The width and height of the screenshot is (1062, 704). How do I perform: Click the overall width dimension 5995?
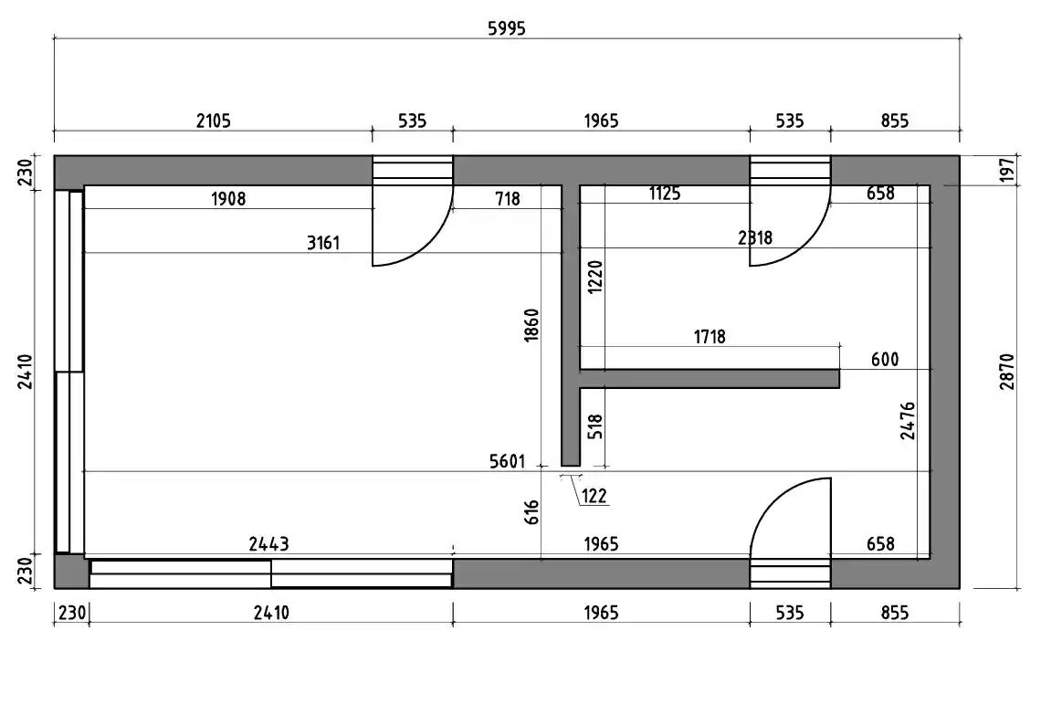click(x=507, y=28)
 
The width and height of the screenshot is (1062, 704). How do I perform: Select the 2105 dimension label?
click(x=214, y=121)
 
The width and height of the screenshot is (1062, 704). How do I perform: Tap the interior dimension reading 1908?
click(x=228, y=198)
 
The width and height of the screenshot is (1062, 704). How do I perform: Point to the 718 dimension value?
click(x=508, y=198)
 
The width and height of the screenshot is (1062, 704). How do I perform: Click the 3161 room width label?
click(x=323, y=243)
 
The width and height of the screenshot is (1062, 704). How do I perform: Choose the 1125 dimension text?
click(x=665, y=193)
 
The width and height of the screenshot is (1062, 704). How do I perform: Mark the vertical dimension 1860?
click(x=531, y=324)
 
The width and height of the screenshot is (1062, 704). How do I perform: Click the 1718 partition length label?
click(x=710, y=337)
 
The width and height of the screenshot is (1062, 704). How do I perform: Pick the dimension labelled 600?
click(x=885, y=359)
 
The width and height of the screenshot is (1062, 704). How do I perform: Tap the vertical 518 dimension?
click(x=595, y=426)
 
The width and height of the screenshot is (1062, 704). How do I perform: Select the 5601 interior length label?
click(x=508, y=461)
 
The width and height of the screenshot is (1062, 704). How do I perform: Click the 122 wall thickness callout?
click(x=594, y=496)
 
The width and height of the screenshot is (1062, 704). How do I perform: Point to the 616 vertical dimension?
click(x=531, y=512)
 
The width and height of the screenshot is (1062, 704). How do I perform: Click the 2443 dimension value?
click(x=268, y=544)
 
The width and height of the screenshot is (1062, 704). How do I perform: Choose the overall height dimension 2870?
click(x=1007, y=372)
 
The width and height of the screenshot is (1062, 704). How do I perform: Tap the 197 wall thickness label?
click(x=1007, y=170)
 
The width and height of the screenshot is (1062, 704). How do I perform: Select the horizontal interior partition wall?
click(x=710, y=379)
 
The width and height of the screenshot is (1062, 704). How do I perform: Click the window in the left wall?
click(x=69, y=372)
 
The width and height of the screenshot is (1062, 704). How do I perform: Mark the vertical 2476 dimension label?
click(x=909, y=421)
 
